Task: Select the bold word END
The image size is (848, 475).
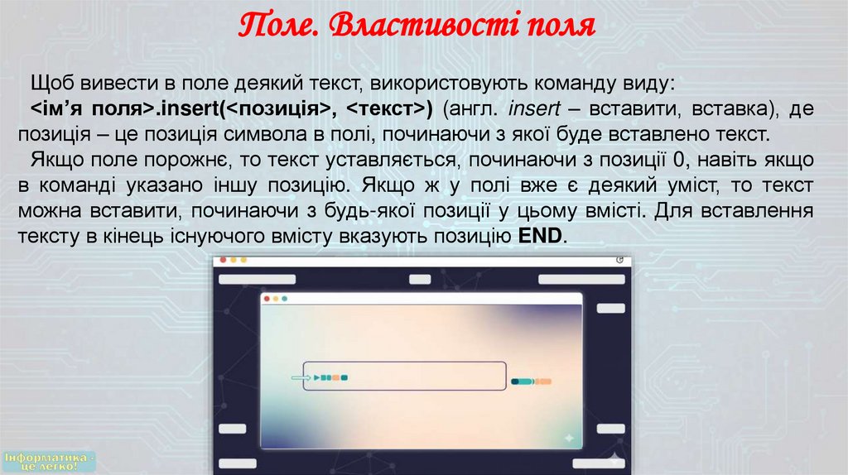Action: tap(540, 237)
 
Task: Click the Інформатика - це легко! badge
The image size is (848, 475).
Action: tap(50, 462)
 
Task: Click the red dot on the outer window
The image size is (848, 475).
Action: tap(222, 260)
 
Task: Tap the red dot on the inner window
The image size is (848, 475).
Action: tap(267, 299)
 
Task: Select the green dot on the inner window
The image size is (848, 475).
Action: tap(285, 299)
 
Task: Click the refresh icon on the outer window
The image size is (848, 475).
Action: tap(620, 260)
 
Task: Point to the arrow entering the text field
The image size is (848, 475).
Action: tap(296, 378)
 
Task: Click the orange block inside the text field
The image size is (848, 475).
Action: tap(335, 378)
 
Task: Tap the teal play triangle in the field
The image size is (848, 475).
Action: tap(316, 378)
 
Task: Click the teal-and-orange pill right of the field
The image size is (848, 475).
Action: tap(531, 381)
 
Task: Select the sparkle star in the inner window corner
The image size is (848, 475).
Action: tap(568, 437)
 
